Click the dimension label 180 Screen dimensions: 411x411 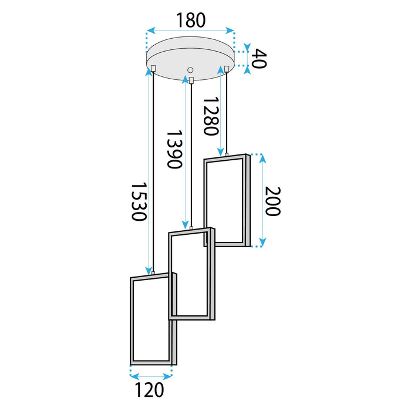189,20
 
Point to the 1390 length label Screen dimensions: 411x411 173,149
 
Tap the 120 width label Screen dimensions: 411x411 150,388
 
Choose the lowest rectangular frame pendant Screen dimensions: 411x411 151,320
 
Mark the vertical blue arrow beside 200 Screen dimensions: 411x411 261,200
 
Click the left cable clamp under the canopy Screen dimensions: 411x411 152,69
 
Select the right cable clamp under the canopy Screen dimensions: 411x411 226,69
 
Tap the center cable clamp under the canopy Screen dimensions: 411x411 191,80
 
